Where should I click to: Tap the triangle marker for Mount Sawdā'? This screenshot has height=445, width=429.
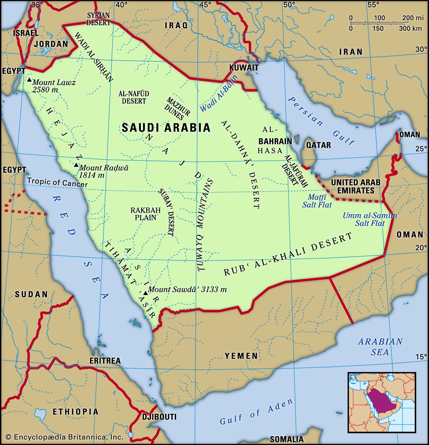point(145,293)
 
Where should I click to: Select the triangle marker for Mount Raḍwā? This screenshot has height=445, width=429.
point(76,165)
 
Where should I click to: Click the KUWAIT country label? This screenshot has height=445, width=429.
point(244,68)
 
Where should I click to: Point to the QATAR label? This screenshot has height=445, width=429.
point(318,145)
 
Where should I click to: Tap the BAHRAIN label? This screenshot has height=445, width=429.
point(275,141)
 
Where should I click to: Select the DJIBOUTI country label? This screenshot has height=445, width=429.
point(159,417)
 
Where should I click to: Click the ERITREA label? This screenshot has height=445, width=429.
point(105,361)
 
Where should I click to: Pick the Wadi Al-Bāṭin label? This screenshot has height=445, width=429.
point(219,93)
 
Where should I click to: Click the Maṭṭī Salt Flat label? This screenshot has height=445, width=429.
point(317,201)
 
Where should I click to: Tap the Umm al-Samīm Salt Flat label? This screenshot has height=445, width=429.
point(370,219)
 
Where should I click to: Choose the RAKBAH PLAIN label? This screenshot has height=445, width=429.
point(146,214)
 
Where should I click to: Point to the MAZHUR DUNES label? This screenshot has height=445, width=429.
point(178,108)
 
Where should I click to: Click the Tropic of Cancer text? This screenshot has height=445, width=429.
point(57,182)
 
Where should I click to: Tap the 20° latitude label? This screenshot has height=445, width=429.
point(421,248)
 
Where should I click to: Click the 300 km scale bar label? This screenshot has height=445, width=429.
point(410,28)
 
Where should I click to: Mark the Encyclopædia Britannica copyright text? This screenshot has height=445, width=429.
point(64,437)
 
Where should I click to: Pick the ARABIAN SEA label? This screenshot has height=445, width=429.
point(380,347)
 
